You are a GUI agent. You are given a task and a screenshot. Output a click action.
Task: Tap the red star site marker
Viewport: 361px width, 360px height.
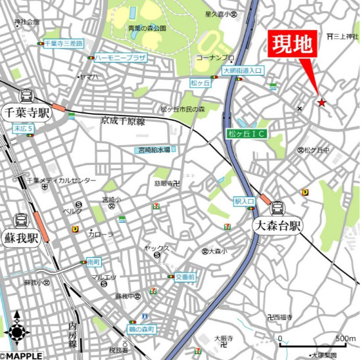[x=322, y=102]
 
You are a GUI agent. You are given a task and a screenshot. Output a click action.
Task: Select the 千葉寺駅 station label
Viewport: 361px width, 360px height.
[x=26, y=112]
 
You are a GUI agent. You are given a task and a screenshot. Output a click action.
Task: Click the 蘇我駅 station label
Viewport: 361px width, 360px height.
[x=20, y=236]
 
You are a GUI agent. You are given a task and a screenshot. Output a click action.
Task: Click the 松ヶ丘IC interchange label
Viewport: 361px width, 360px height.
[x=247, y=134]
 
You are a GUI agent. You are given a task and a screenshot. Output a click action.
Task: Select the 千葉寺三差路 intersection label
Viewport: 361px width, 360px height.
[x=64, y=43]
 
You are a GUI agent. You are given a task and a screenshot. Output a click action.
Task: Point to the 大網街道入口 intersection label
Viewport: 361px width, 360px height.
[x=243, y=70]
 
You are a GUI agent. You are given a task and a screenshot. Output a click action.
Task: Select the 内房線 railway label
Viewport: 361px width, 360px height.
[x=72, y=335]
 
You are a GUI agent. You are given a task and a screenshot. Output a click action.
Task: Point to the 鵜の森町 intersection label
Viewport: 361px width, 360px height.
[x=141, y=328]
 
